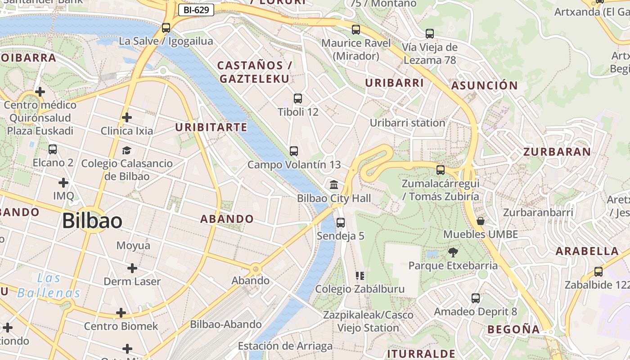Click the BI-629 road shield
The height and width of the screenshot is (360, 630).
tap(196, 9)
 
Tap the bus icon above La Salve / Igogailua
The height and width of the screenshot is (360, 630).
tap(166, 28)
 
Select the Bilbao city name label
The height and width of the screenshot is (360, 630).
tap(92, 221)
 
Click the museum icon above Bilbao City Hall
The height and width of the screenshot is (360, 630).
tap(334, 184)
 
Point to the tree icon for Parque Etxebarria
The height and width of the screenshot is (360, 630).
tap(453, 252)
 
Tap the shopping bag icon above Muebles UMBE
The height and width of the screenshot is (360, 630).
tap(481, 221)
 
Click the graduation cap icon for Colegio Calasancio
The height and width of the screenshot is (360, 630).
tap(126, 150)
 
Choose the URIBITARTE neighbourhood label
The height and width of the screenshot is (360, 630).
tap(211, 127)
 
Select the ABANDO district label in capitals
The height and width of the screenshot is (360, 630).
tap(227, 219)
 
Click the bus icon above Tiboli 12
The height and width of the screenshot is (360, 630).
tap(297, 99)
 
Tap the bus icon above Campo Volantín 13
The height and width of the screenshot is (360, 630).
tap(294, 151)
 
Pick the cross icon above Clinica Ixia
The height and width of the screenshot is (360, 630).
tap(127, 118)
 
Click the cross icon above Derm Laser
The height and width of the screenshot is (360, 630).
tap(132, 269)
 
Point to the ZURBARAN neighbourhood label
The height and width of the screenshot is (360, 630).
tap(557, 152)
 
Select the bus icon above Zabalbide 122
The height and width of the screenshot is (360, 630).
tap(598, 272)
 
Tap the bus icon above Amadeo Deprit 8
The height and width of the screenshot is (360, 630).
tap(476, 298)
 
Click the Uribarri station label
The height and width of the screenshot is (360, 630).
tap(407, 123)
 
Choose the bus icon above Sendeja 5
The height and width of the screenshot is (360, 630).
tap(341, 223)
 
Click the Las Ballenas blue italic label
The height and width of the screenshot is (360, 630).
tap(49, 286)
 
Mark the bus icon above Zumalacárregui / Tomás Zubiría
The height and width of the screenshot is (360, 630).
tap(441, 170)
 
